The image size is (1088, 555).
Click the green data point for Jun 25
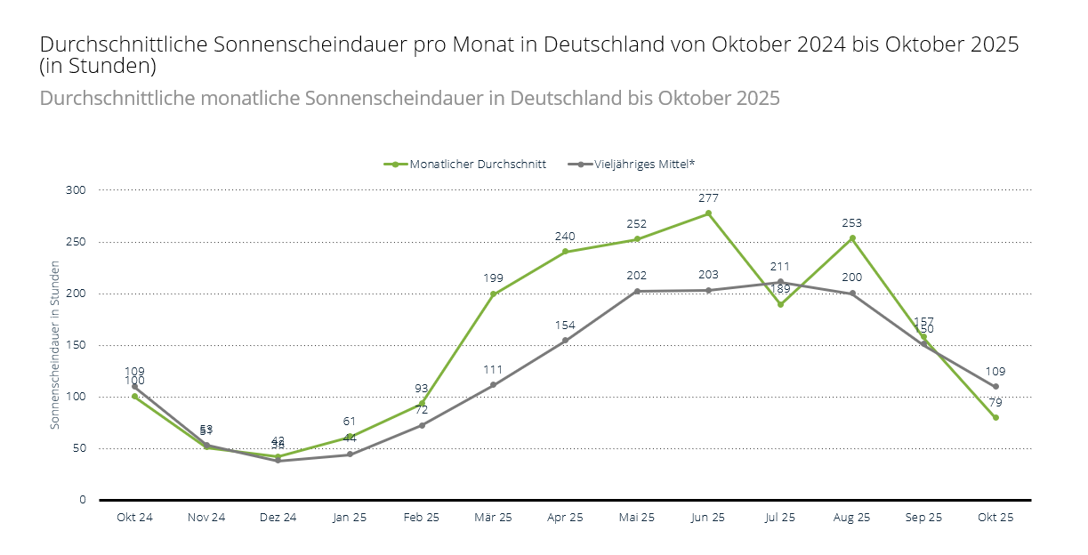pos(708,213)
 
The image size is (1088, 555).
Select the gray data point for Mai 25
pos(637,291)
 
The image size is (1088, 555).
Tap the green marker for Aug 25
pos(852,238)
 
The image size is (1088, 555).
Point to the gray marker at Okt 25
pos(995,387)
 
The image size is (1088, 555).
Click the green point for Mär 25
pos(493,294)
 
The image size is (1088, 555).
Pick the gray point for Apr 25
pos(565,341)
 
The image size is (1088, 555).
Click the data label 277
pos(708,198)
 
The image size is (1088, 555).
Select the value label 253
pos(852,223)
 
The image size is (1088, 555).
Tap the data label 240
pos(565,237)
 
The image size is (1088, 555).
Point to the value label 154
pos(565,326)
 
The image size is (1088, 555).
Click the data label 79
pos(995,403)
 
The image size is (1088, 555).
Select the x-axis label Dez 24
pos(278,518)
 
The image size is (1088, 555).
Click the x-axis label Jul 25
pos(780,518)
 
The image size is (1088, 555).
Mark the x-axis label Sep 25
pos(923,518)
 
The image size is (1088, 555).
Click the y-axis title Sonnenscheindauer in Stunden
pos(55,345)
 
